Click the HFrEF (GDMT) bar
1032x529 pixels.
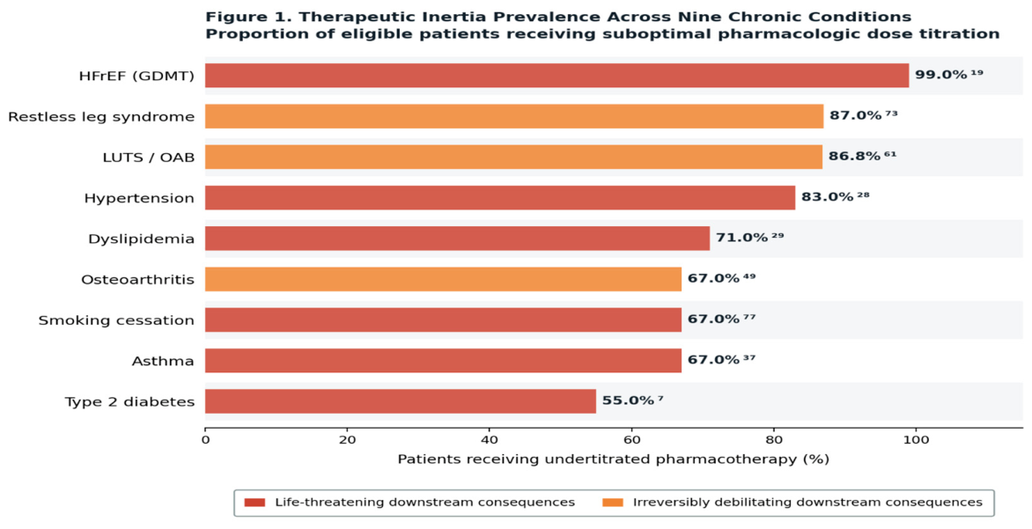pos(557,76)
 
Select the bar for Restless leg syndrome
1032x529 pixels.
pos(514,116)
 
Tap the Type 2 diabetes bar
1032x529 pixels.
pos(400,401)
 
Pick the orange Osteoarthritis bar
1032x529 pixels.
pos(443,279)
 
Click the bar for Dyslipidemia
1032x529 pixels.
pos(457,239)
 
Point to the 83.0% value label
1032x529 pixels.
pos(828,197)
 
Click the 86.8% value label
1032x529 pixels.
pos(854,157)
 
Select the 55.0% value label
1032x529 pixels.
pos(628,400)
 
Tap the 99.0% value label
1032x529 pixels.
pos(941,75)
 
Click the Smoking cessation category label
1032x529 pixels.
pos(116,320)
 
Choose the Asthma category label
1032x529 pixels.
pos(163,361)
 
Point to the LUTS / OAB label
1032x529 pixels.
pos(149,158)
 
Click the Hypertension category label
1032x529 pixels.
pos(139,199)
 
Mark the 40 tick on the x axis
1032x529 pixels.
pos(489,439)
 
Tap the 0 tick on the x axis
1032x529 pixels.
pos(205,439)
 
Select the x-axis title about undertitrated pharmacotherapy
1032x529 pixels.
pos(614,459)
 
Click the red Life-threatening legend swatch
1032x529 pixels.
pos(254,503)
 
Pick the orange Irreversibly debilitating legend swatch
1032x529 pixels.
pos(613,503)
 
